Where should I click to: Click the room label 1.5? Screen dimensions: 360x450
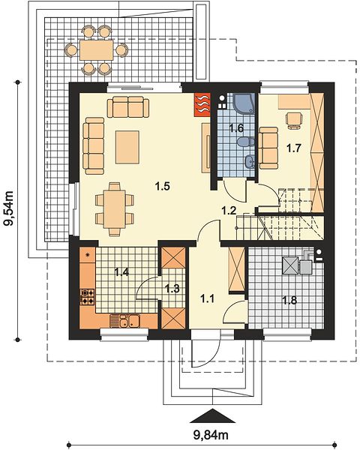coord(163,187)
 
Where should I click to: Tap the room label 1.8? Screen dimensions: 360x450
coord(289,300)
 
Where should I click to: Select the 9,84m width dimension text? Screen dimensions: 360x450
coord(211,435)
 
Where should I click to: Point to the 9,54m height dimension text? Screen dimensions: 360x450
coord(9,208)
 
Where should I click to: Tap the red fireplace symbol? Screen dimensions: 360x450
coord(202,104)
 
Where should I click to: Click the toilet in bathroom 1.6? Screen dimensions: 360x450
coord(246,142)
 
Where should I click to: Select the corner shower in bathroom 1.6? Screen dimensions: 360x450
coord(244,103)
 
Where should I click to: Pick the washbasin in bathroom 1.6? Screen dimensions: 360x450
coord(250,162)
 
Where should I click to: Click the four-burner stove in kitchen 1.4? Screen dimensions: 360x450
coord(88,297)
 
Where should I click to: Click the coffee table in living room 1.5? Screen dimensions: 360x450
coord(127,147)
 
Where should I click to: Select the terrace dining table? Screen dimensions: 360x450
coord(97,50)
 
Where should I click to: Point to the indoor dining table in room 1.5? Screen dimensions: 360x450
coord(115,209)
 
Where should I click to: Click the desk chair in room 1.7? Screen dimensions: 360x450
coord(295,119)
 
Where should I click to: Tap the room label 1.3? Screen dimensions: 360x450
coord(172,289)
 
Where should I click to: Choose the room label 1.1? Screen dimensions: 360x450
coord(207,299)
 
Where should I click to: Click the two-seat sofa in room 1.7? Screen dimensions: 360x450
coord(268,148)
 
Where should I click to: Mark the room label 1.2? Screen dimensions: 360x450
coord(229,211)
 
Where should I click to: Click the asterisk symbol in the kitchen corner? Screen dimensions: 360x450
coord(87,255)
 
